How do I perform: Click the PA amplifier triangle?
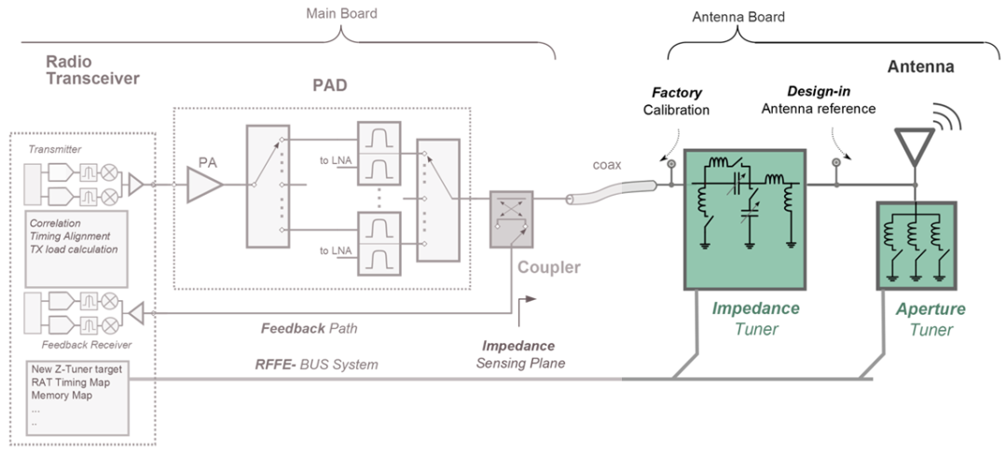[x=203, y=185]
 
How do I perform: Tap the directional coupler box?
[x=511, y=219]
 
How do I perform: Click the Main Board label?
[x=341, y=13]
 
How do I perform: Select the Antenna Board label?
[x=738, y=18]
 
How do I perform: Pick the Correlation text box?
[x=77, y=250]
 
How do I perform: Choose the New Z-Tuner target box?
[x=77, y=399]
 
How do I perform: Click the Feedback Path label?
[x=309, y=329]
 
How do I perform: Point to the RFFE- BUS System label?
[x=317, y=364]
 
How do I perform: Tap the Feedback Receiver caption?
[x=87, y=346]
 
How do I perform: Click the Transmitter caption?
[x=56, y=149]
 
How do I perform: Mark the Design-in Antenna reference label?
[x=819, y=101]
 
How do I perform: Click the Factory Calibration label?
[x=677, y=102]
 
